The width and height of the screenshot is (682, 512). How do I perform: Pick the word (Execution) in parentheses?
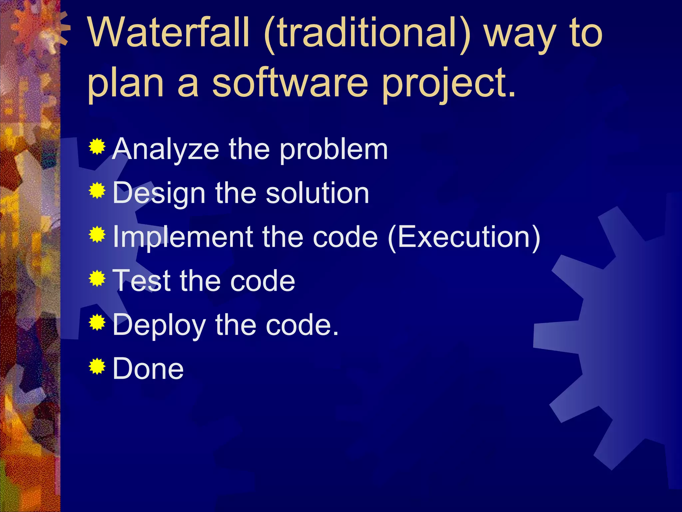[x=464, y=237]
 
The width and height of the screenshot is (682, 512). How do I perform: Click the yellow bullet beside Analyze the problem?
[x=97, y=147]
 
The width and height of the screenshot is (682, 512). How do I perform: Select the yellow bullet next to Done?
[x=97, y=366]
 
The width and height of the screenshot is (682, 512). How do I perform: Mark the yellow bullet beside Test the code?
[x=97, y=279]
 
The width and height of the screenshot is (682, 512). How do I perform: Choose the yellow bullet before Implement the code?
[x=97, y=235]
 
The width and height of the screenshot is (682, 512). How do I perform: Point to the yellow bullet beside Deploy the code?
[x=97, y=322]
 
